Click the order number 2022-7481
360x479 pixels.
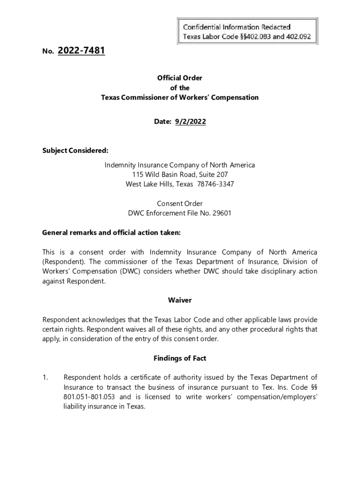pyautogui.click(x=81, y=51)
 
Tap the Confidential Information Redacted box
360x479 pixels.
pyautogui.click(x=247, y=31)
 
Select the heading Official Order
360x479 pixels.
pyautogui.click(x=180, y=78)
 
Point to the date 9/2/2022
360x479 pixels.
pyautogui.click(x=190, y=122)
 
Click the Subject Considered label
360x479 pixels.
pyautogui.click(x=75, y=151)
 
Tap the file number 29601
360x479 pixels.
pyautogui.click(x=222, y=213)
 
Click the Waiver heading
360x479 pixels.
pyautogui.click(x=180, y=300)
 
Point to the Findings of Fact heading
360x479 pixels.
pyautogui.click(x=180, y=358)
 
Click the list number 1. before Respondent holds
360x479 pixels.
pyautogui.click(x=45, y=377)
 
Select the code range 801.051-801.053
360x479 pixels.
pyautogui.click(x=91, y=397)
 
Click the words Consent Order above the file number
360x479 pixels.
pyautogui.click(x=180, y=203)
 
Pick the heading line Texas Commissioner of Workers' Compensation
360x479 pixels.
pyautogui.click(x=180, y=98)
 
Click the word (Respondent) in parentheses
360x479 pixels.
pyautogui.click(x=63, y=261)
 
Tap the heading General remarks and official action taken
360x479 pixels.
pyautogui.click(x=111, y=232)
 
